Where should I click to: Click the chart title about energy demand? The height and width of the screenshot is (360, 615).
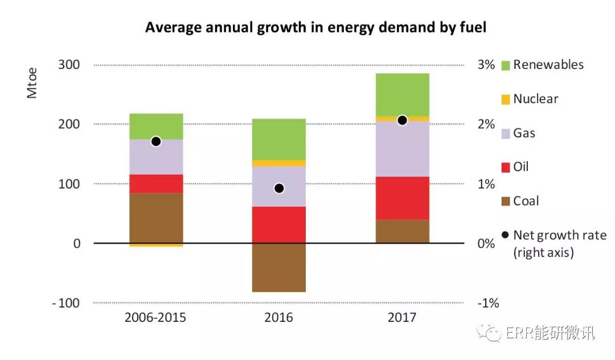coord(315,27)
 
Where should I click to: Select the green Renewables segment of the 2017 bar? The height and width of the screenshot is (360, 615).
coord(402,95)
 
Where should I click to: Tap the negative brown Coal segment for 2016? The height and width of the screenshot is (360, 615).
coord(279,267)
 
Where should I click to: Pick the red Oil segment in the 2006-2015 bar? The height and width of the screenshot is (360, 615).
coord(156,183)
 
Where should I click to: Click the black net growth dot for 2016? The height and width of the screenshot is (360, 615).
coord(279,189)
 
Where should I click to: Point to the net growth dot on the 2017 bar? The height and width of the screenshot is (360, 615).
coord(402,120)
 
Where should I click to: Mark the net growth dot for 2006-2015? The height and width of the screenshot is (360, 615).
coord(156,141)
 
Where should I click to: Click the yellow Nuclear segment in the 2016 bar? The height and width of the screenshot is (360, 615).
coord(279,163)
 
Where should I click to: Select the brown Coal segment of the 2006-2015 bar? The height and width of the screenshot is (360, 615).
coord(156,218)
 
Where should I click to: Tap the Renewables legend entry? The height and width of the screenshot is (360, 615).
coord(542,65)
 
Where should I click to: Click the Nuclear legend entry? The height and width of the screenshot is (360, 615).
coord(529,99)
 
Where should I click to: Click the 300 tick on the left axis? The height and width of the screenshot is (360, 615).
coord(69,65)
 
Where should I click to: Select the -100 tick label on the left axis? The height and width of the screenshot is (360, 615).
coord(65,303)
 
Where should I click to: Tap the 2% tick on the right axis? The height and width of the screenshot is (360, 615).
coord(486,124)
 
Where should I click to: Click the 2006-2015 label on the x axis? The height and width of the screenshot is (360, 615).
coord(155,317)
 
